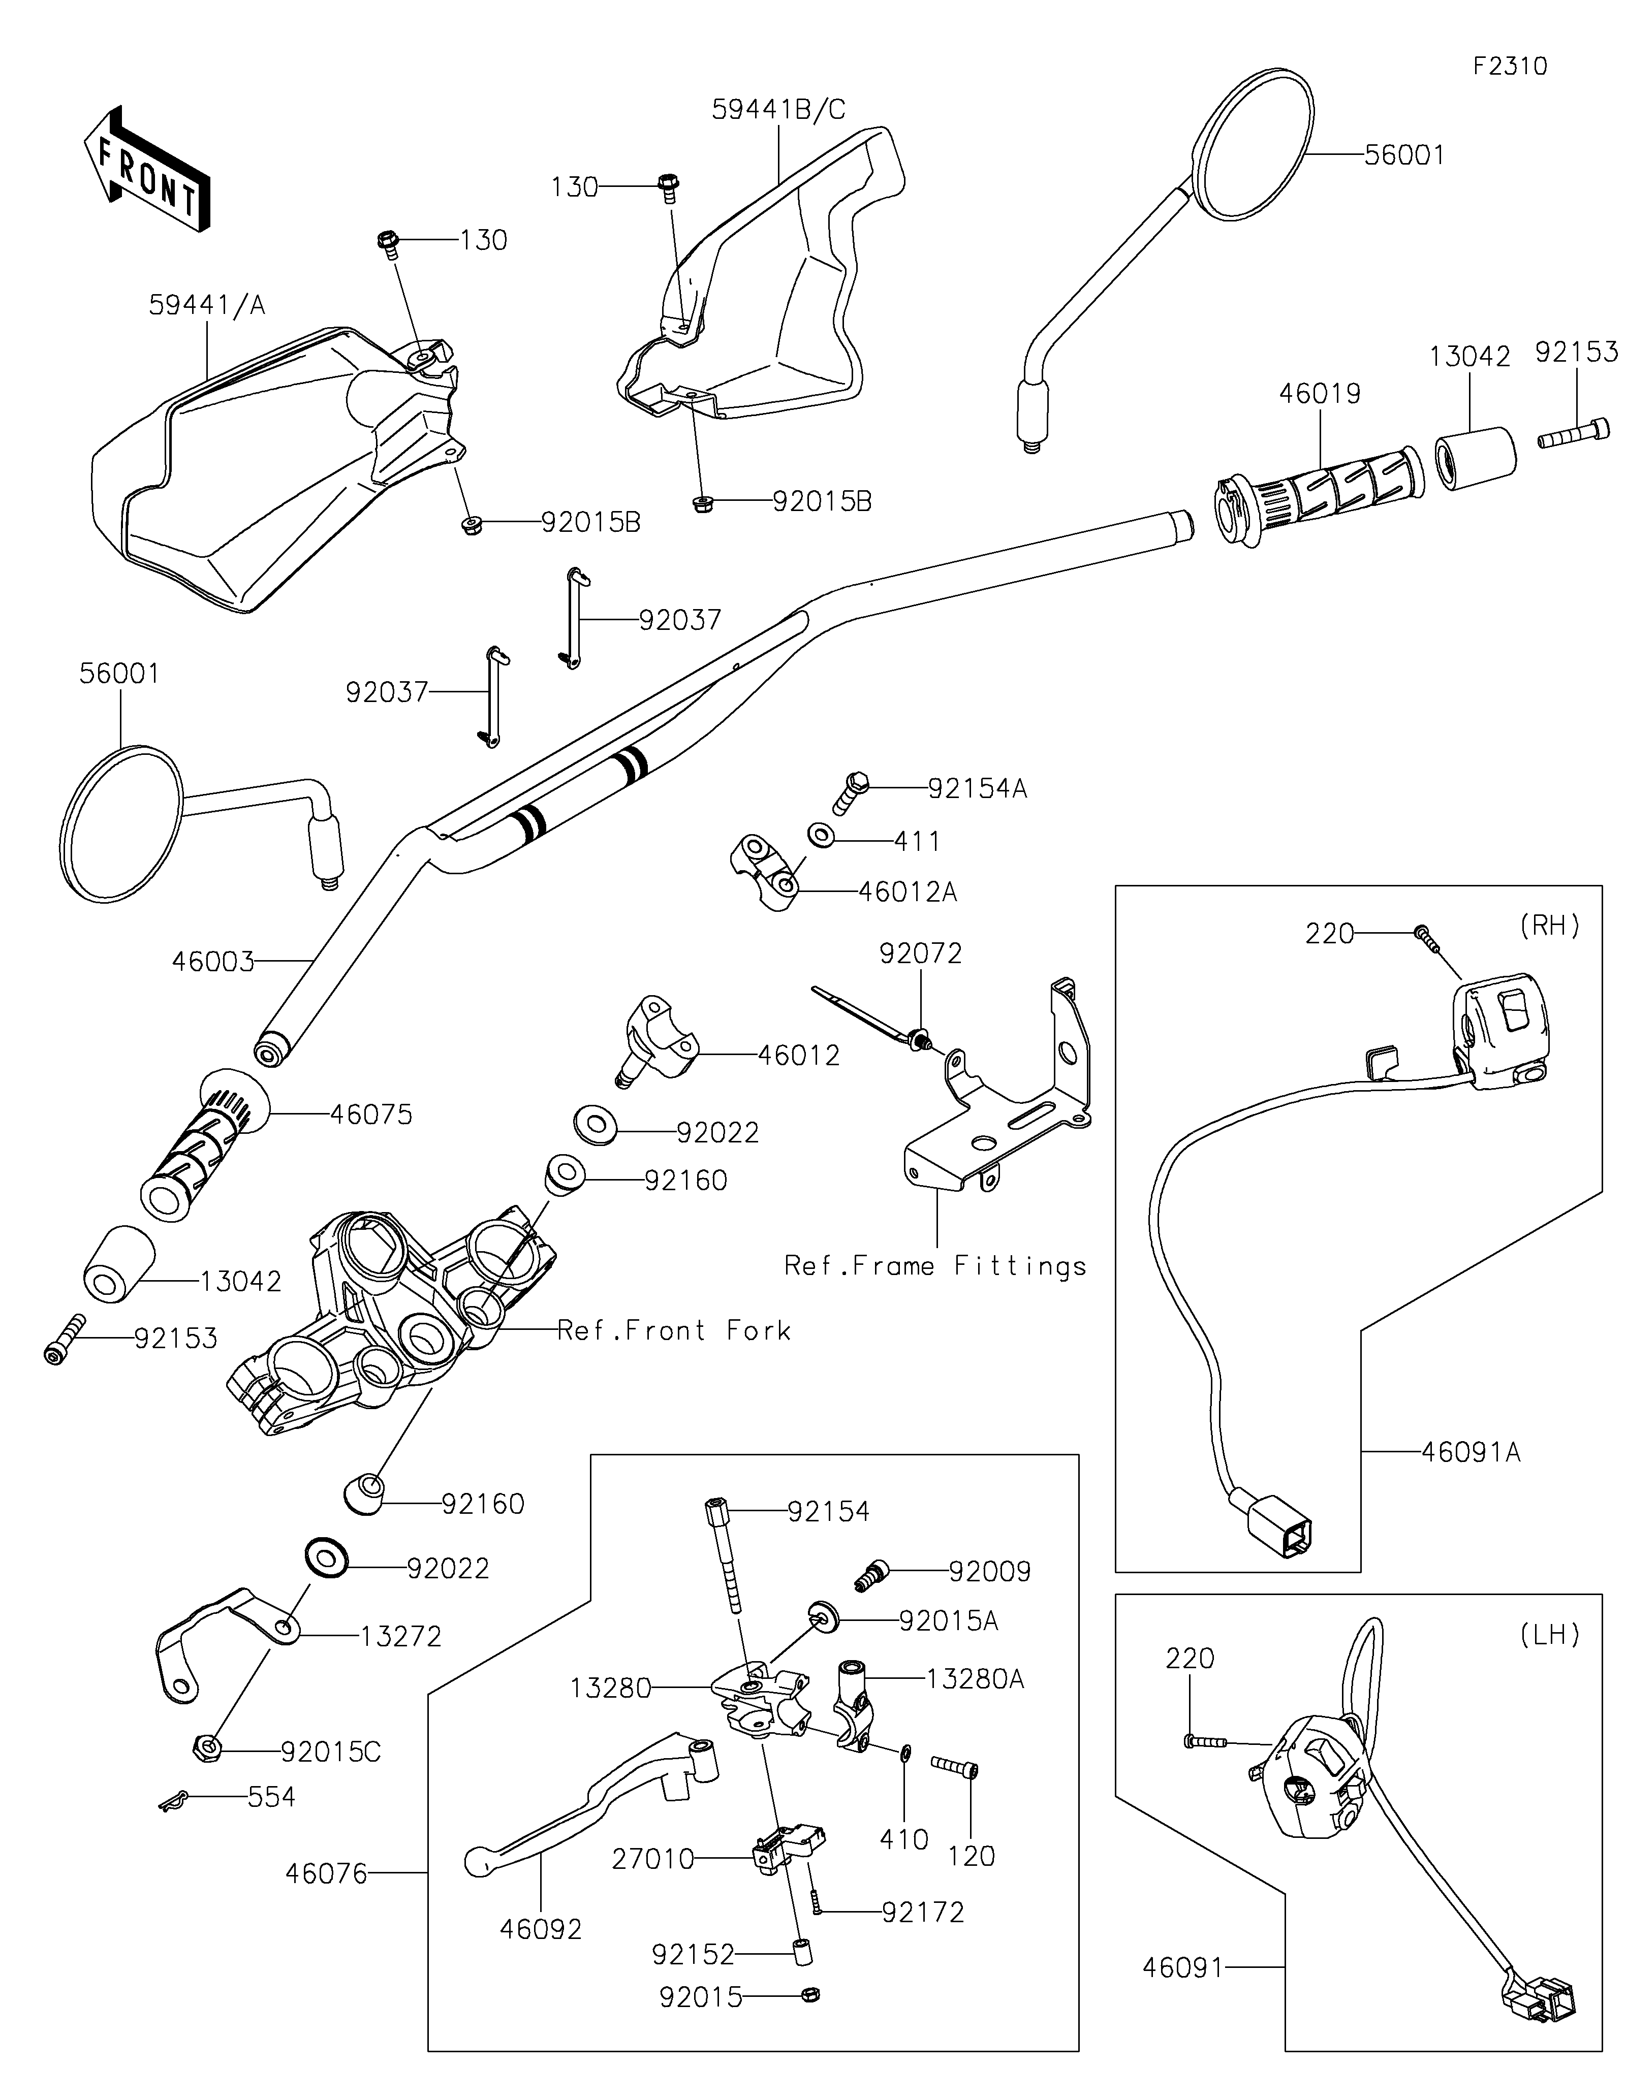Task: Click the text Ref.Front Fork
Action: coord(674,1331)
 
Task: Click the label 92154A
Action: coord(977,788)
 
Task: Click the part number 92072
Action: coord(920,954)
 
